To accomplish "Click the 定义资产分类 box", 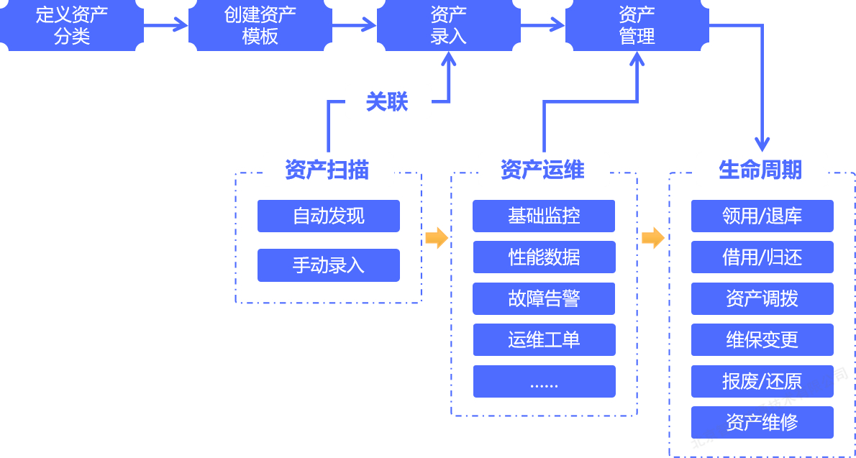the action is click(x=71, y=25).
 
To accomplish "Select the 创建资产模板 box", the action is click(x=260, y=25).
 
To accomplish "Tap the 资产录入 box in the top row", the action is click(x=449, y=25).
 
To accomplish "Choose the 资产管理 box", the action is click(x=637, y=25).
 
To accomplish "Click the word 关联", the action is click(x=387, y=101).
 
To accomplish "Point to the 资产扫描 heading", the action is click(x=327, y=170).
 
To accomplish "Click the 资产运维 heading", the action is click(x=542, y=170).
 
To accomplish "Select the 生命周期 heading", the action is click(x=760, y=170).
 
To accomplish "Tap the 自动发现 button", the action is click(x=329, y=216).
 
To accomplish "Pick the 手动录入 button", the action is click(x=329, y=265).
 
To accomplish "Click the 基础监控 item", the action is click(x=544, y=216).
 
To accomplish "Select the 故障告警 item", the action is click(x=544, y=298).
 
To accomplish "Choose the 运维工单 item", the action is click(x=544, y=339).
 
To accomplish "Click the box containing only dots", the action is click(x=544, y=381).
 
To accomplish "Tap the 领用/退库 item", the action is click(x=762, y=216).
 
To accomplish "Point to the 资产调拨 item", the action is click(x=762, y=298).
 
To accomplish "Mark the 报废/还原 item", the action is click(x=762, y=381).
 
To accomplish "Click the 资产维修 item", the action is click(x=762, y=423).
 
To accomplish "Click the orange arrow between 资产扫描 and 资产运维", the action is click(x=436, y=238).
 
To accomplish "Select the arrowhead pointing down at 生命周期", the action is click(x=762, y=145).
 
